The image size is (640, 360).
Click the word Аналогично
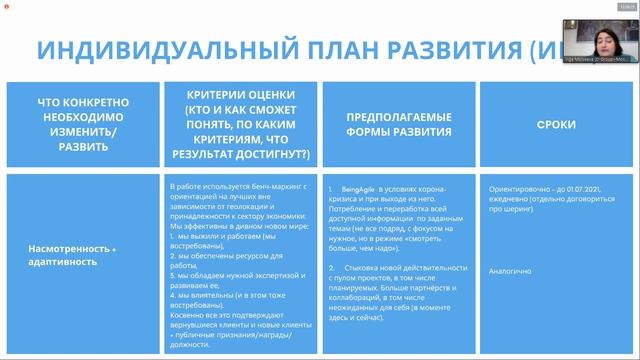(x=509, y=270)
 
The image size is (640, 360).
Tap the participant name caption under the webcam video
(x=598, y=60)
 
